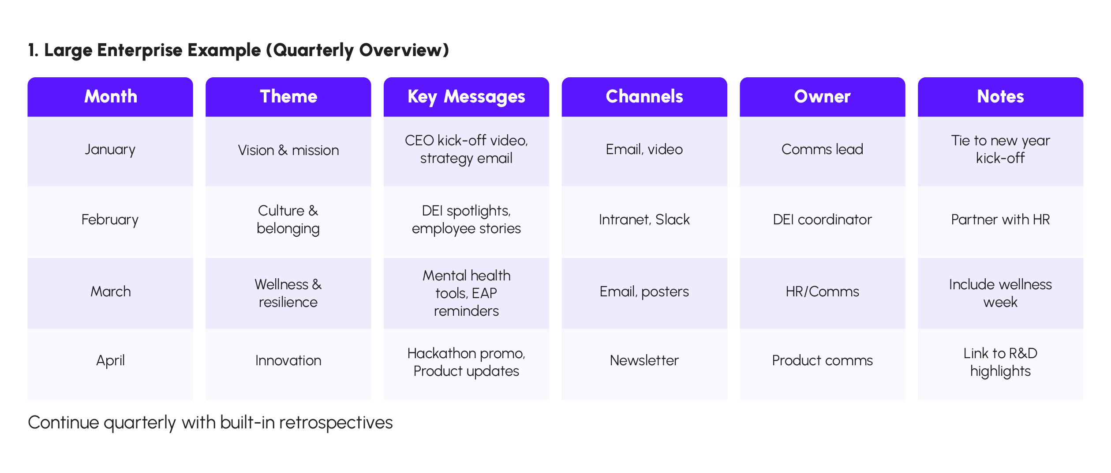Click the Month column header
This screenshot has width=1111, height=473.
(110, 97)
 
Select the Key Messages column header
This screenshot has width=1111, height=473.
(466, 97)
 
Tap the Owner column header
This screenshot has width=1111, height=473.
(822, 97)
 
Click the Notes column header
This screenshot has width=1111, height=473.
(1000, 97)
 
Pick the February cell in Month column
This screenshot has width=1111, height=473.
(110, 219)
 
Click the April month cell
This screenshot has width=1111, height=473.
(110, 360)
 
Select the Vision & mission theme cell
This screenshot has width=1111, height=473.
(288, 150)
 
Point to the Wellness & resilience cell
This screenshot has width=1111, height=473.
(288, 293)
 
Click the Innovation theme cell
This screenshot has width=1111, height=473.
(288, 360)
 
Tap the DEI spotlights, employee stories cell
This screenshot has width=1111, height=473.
(466, 219)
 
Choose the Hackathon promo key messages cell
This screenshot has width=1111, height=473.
(466, 362)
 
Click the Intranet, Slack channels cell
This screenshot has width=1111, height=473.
(644, 219)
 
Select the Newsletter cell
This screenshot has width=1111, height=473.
(644, 360)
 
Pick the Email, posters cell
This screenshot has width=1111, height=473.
(644, 291)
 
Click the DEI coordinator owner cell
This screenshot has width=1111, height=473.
(822, 219)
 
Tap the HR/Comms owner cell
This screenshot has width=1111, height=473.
(822, 291)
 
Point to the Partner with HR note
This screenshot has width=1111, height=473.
(1000, 219)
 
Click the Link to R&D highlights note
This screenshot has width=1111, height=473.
(1000, 362)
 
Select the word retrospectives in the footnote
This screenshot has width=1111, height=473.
(336, 423)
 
